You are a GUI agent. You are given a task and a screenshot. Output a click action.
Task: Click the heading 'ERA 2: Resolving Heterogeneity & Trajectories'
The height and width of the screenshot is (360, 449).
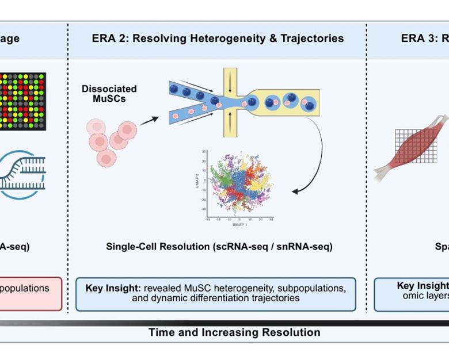[218, 39]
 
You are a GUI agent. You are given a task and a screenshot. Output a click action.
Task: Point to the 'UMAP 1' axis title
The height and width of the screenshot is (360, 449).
[239, 224]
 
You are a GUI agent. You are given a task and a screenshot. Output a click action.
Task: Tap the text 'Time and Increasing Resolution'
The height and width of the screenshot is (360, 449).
[234, 332]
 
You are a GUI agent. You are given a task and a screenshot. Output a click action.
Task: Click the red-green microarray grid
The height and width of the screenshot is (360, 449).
[23, 101]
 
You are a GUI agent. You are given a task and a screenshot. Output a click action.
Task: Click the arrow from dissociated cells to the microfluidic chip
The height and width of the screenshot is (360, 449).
[150, 120]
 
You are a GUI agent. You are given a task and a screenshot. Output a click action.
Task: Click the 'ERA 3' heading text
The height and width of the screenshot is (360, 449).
[419, 39]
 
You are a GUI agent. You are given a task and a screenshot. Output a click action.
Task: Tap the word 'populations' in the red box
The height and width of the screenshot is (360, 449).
[25, 288]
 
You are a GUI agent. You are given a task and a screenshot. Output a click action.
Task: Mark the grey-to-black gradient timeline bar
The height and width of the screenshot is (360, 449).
[224, 323]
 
